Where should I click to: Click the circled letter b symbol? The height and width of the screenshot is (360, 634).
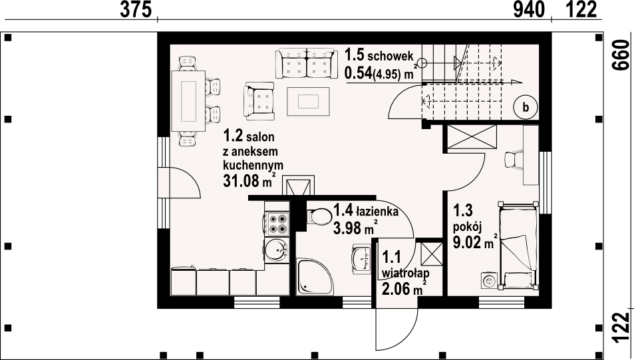point(526,106)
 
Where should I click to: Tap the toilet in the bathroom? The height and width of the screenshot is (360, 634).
point(319,217)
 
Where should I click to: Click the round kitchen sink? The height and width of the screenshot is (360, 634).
point(275,251)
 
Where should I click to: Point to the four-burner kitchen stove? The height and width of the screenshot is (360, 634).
point(276,223)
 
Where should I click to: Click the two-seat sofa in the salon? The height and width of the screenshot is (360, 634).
point(305,64)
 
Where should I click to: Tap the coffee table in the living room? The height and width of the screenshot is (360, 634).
point(309,101)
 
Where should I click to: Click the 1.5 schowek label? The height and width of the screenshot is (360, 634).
point(379,56)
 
